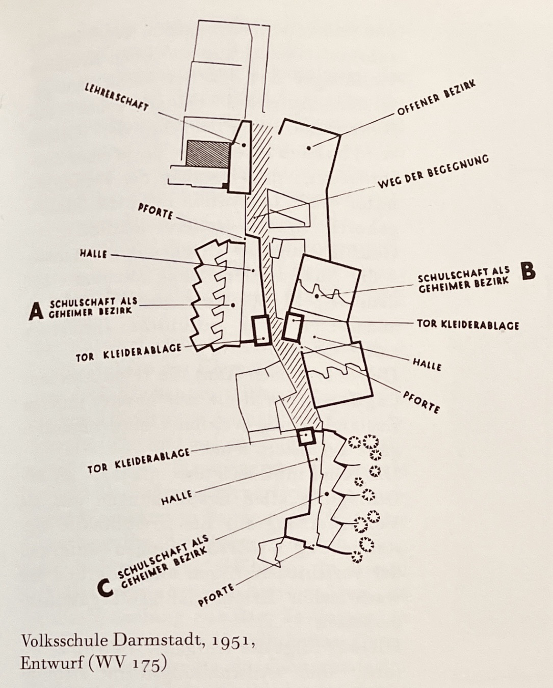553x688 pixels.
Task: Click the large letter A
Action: pos(36,311)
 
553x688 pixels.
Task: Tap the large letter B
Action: pos(529,271)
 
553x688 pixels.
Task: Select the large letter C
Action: pos(105,587)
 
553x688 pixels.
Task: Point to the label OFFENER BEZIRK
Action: pos(436,97)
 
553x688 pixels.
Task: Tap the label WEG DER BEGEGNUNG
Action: pos(433,172)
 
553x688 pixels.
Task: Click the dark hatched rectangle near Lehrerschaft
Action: pos(207,154)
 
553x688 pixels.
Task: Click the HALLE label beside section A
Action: pos(93,253)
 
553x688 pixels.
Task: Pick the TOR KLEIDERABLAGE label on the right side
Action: pos(467,324)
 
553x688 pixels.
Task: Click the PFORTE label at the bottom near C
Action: pos(216,595)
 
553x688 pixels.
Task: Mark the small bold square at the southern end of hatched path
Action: pos(306,437)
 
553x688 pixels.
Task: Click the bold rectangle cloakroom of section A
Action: pos(261,331)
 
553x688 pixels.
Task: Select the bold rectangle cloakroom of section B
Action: pos(293,327)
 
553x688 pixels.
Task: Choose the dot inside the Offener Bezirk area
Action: pos(309,148)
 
